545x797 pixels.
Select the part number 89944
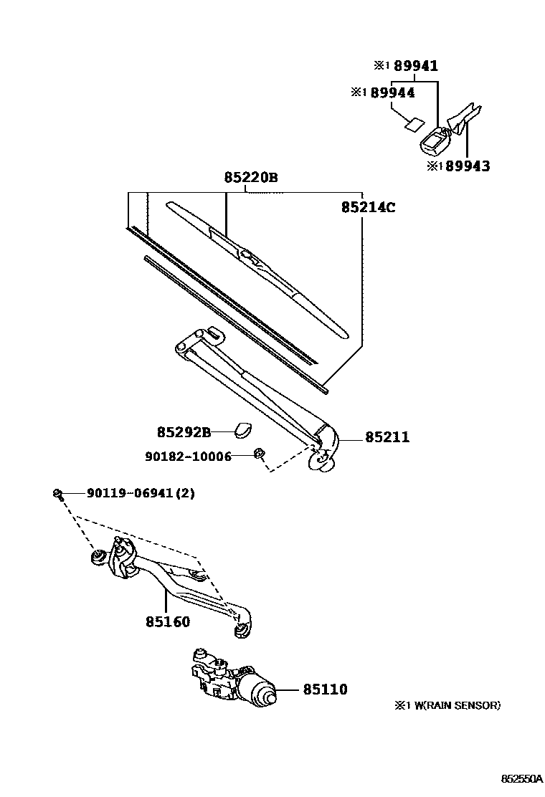[392, 92]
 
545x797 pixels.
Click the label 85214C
[369, 208]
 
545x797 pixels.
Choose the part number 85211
[387, 436]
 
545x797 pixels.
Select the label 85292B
[184, 432]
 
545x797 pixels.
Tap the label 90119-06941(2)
[141, 493]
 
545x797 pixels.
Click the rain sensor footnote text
[446, 705]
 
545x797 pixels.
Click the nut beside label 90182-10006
[260, 454]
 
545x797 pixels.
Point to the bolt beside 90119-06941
[58, 493]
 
